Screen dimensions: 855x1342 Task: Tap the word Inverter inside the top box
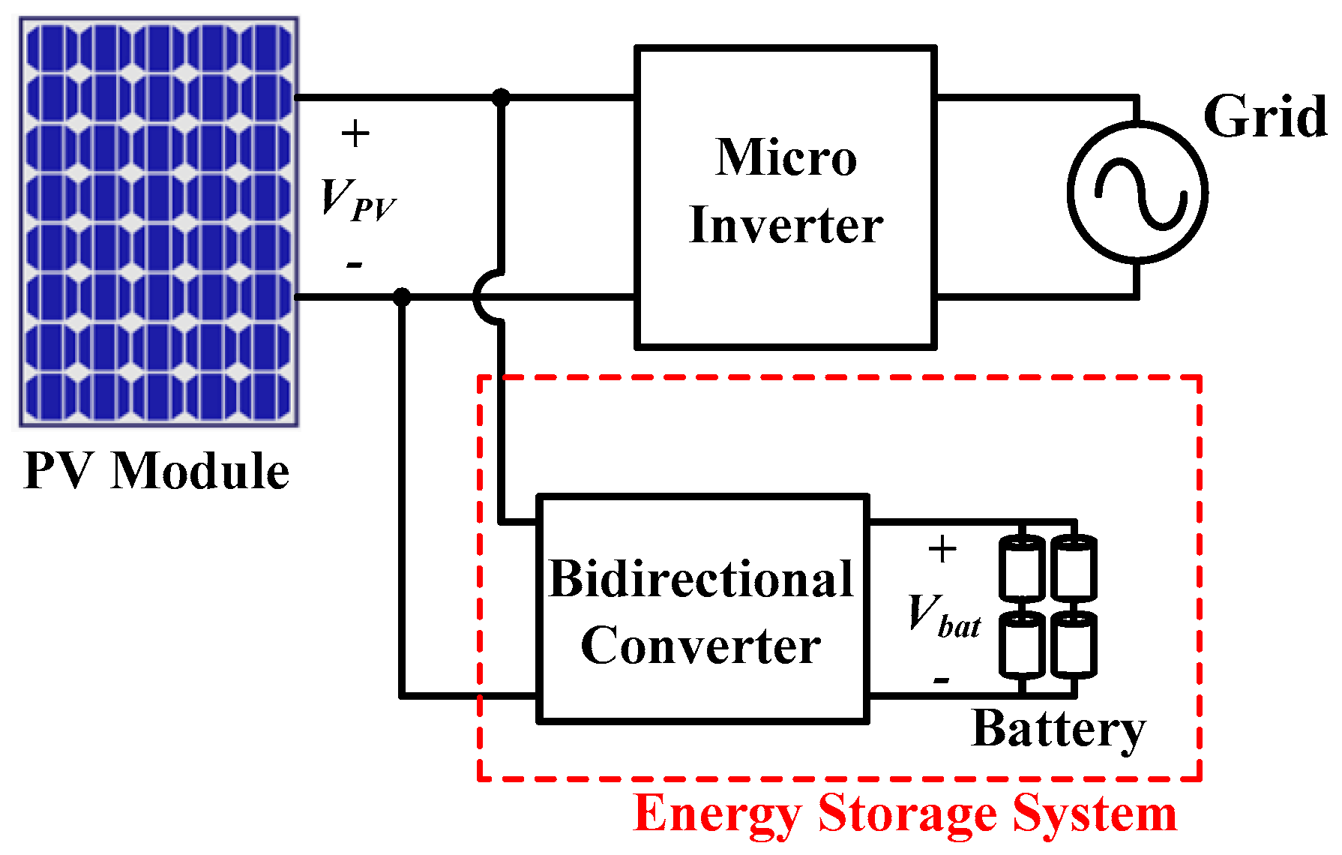pyautogui.click(x=786, y=225)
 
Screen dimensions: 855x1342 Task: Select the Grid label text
pyautogui.click(x=1265, y=118)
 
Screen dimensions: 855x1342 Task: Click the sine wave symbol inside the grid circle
pyautogui.click(x=1139, y=193)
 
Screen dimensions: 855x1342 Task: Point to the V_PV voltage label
pyautogui.click(x=357, y=199)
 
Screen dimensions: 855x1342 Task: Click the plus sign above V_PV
pyautogui.click(x=355, y=134)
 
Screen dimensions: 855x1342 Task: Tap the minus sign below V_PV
pyautogui.click(x=355, y=265)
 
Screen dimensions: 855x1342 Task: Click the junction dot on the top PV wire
pyautogui.click(x=501, y=97)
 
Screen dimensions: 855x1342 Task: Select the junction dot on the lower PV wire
pyautogui.click(x=403, y=297)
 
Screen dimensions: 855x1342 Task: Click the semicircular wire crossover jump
pyautogui.click(x=486, y=298)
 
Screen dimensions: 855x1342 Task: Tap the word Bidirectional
pyautogui.click(x=701, y=580)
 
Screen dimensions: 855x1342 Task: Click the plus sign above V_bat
pyautogui.click(x=942, y=550)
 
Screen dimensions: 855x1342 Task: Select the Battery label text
pyautogui.click(x=1059, y=729)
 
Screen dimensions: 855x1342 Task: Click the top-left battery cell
pyautogui.click(x=1022, y=568)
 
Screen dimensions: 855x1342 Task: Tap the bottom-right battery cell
pyautogui.click(x=1074, y=643)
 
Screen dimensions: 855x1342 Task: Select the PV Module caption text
pyautogui.click(x=156, y=472)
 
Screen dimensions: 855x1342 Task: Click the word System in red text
pyautogui.click(x=1095, y=814)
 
